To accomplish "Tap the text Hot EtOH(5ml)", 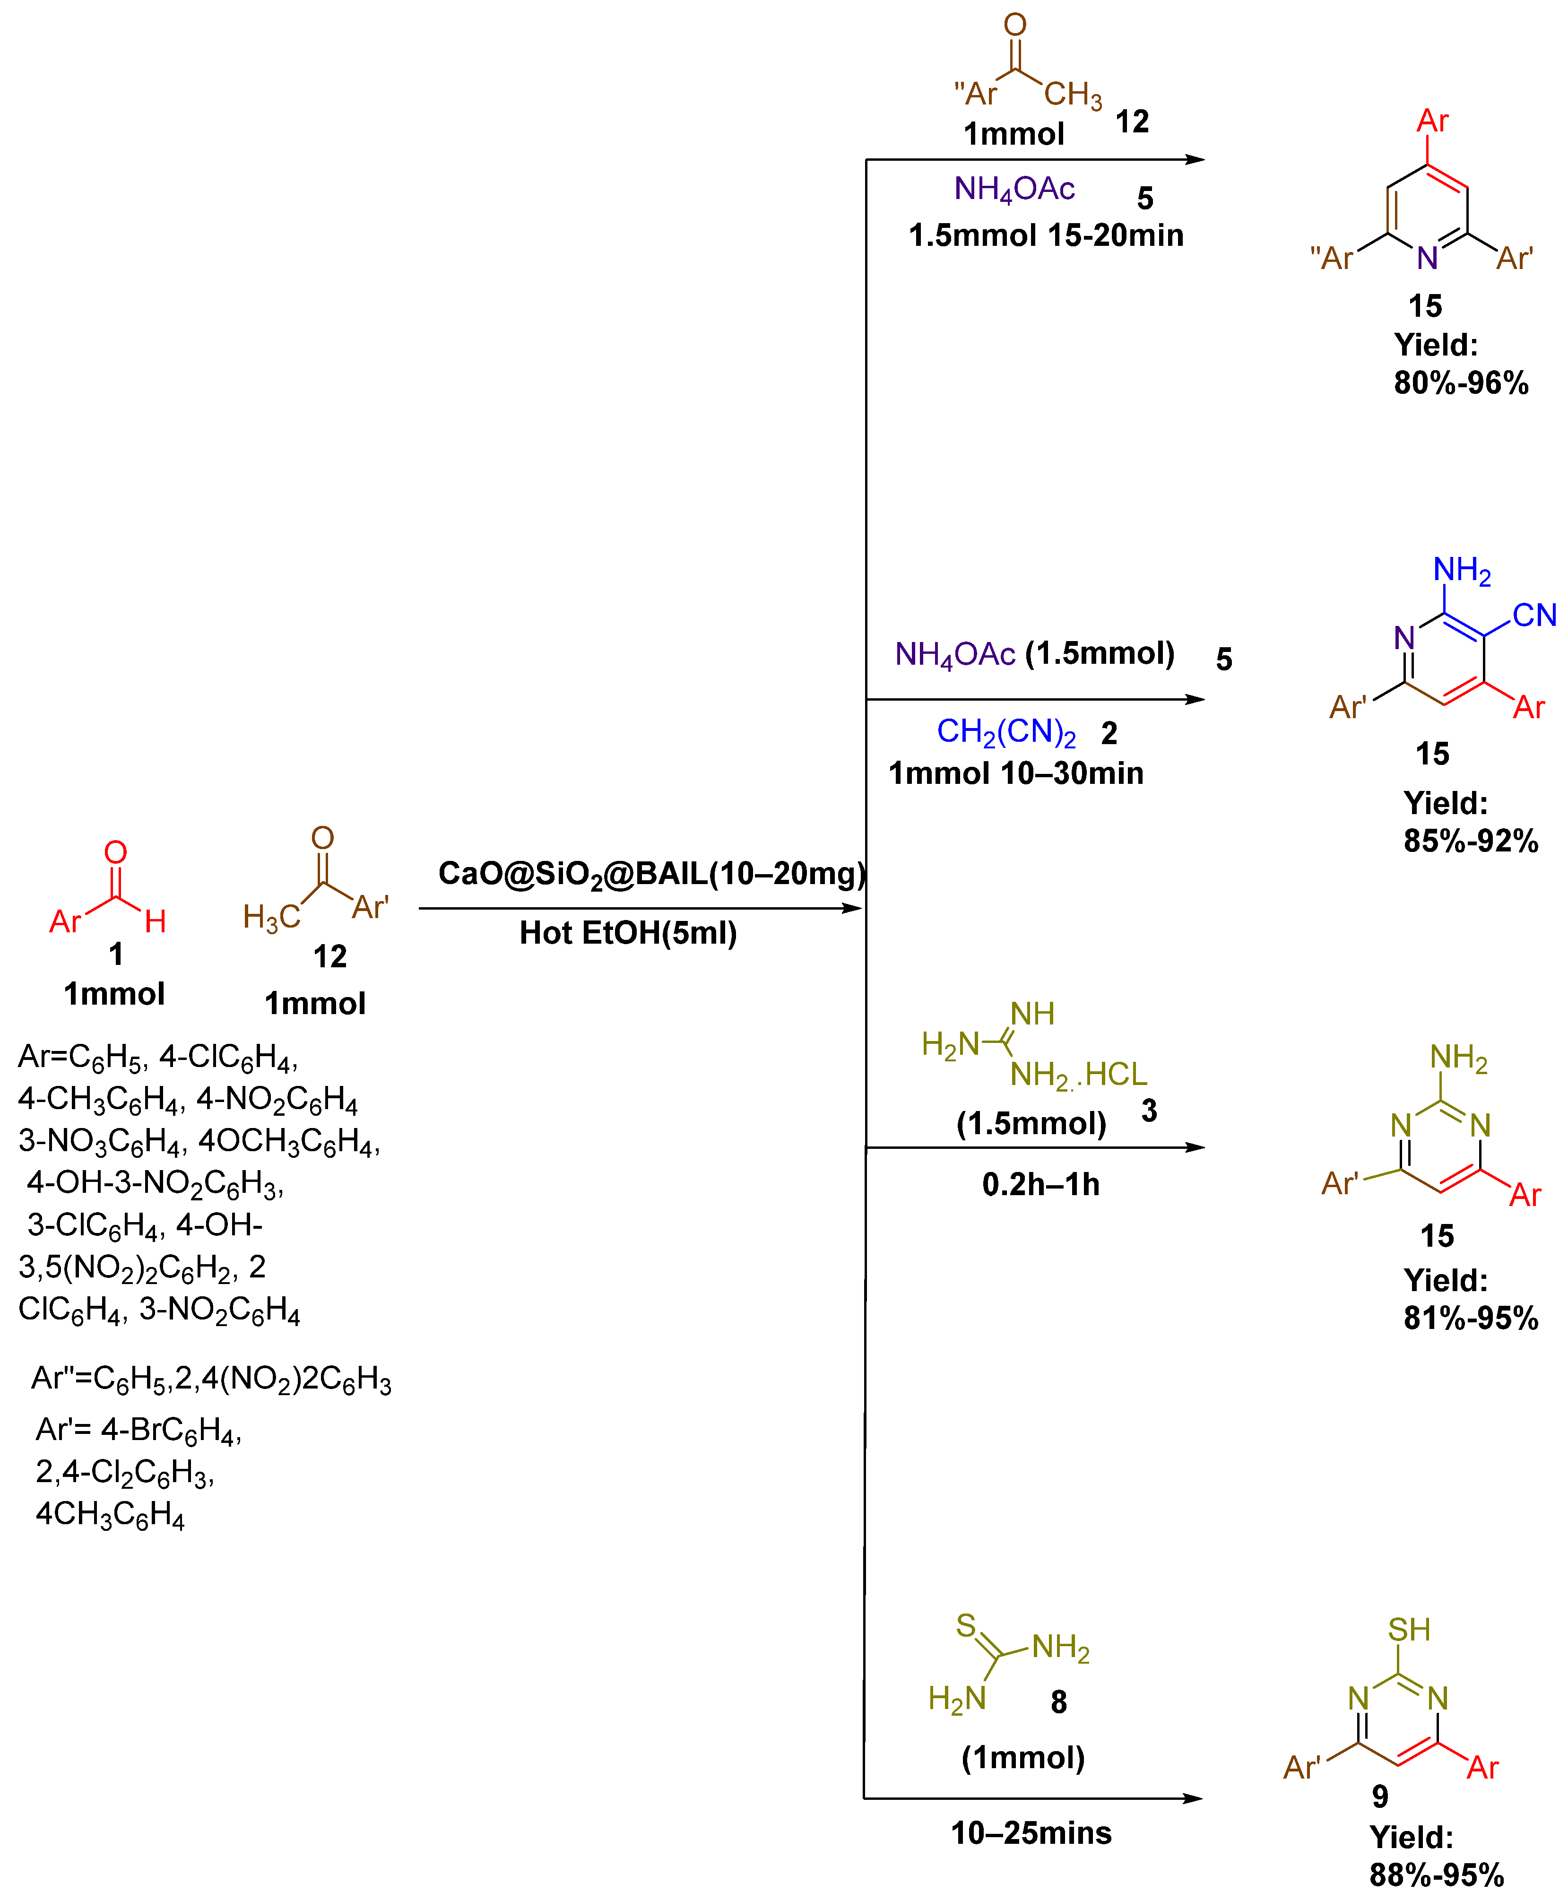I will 628,933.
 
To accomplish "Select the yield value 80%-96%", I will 1461,383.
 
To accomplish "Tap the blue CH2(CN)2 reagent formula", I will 1005,731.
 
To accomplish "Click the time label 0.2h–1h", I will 1040,1184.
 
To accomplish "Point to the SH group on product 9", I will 1409,1629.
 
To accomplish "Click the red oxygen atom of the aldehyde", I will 116,851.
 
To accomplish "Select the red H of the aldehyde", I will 156,921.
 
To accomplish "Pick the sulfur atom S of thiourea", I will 966,1625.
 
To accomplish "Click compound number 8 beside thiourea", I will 1058,1702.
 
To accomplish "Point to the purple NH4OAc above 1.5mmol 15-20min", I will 1014,189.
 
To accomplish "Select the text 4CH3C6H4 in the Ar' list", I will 110,1514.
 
